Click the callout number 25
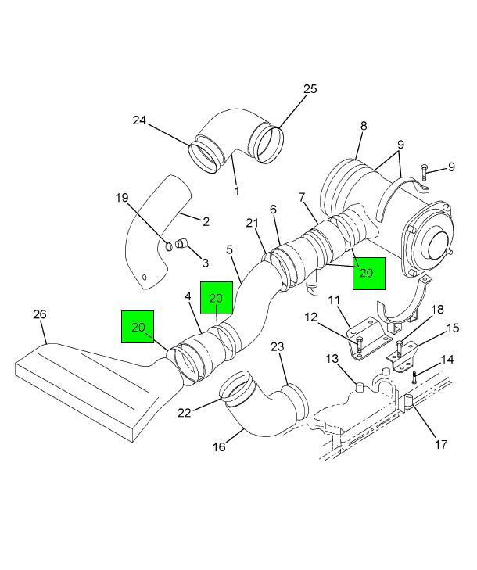click(x=310, y=89)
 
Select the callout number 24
click(x=139, y=120)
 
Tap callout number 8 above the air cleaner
click(x=364, y=126)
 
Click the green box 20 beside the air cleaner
click(x=368, y=274)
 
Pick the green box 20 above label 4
click(x=217, y=298)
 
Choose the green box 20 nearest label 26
click(x=138, y=327)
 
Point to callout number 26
click(x=40, y=314)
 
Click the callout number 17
click(x=441, y=444)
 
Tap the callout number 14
click(x=447, y=360)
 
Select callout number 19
click(x=122, y=198)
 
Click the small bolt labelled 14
click(x=414, y=378)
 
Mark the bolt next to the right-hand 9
click(x=424, y=172)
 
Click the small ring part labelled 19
click(x=169, y=246)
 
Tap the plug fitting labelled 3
click(x=181, y=243)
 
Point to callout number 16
click(x=219, y=446)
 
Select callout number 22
click(x=185, y=413)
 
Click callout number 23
click(x=277, y=347)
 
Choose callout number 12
click(x=311, y=317)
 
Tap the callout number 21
click(x=252, y=223)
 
